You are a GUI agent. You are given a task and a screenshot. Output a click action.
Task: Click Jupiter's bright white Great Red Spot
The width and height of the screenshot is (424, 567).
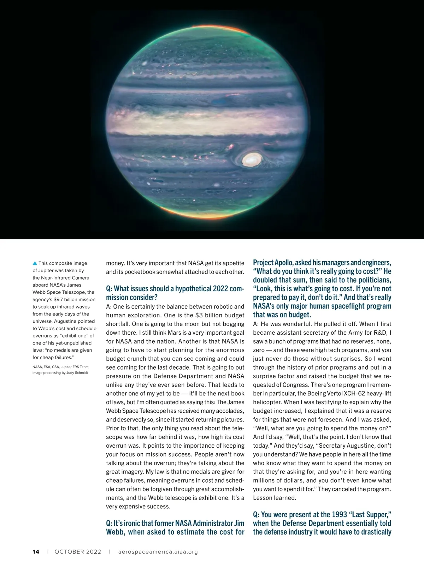click(x=252, y=160)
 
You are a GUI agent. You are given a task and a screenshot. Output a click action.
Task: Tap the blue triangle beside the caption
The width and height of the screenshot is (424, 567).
click(x=35, y=263)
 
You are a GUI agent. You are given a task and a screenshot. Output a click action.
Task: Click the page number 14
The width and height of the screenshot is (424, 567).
click(x=36, y=552)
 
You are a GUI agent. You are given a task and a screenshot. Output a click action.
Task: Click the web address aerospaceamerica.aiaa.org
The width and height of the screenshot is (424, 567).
click(x=158, y=552)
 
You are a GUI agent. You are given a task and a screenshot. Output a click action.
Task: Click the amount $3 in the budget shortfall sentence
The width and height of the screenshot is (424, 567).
click(x=199, y=315)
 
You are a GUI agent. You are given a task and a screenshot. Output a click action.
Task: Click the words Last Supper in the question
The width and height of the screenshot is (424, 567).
click(x=368, y=515)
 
